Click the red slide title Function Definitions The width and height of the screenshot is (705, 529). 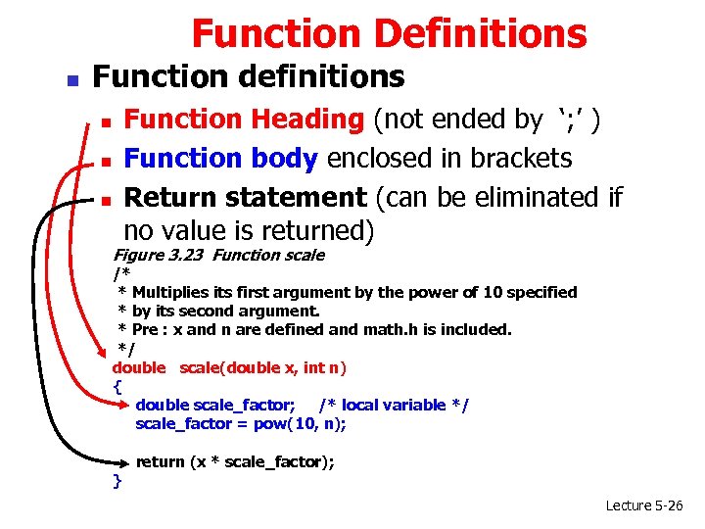(x=389, y=33)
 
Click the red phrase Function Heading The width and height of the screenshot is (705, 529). (x=244, y=120)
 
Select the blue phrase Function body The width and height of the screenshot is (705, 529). (x=222, y=158)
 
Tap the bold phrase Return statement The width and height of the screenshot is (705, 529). (x=245, y=197)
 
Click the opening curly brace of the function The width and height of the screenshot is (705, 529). (x=117, y=386)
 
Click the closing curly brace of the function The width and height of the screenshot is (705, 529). (x=117, y=480)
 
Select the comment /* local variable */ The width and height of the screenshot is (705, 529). (x=394, y=405)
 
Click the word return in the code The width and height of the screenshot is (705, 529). (x=159, y=461)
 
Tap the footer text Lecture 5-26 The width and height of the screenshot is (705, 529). (x=644, y=505)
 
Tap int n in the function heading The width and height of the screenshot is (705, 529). (x=321, y=367)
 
